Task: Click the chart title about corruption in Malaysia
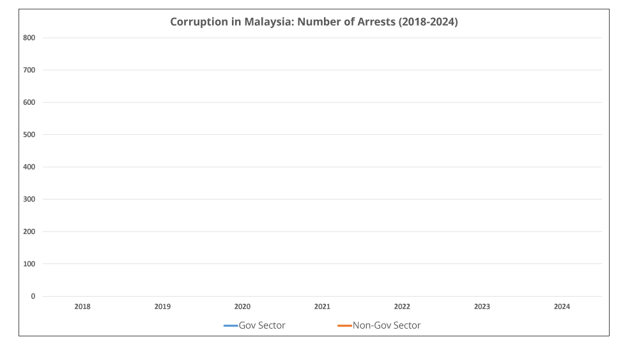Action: (314, 22)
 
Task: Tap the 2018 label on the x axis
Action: (82, 307)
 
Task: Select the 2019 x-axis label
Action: (162, 307)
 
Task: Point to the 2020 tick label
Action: (242, 307)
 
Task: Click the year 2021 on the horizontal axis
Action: (322, 307)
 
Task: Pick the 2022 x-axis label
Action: (402, 307)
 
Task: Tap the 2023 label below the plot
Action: (482, 307)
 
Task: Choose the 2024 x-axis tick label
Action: (562, 307)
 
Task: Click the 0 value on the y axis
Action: (33, 296)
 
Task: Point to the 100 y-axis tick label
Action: (29, 264)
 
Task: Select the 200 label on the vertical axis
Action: (29, 231)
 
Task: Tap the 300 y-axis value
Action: (29, 200)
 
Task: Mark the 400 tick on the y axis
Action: (29, 167)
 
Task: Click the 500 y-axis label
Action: (29, 135)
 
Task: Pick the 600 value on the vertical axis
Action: (29, 102)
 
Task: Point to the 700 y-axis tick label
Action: (29, 70)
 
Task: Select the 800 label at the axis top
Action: (29, 38)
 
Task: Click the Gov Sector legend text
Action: (262, 325)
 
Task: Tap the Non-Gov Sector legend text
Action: (387, 325)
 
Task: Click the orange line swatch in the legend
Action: (344, 326)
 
